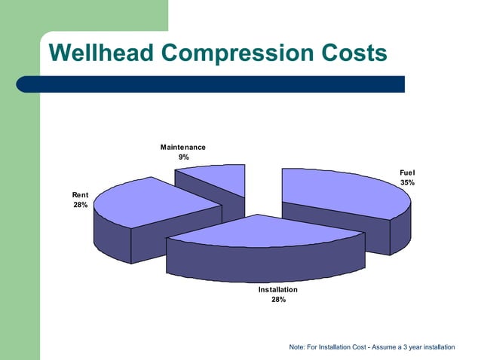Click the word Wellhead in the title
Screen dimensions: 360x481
(102, 53)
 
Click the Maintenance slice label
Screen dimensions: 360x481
(182, 147)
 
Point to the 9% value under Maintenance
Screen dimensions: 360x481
(183, 157)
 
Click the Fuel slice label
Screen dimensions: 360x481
(407, 172)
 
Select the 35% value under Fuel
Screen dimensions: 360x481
(407, 183)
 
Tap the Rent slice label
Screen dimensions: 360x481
(80, 195)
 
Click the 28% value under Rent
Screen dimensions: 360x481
(80, 206)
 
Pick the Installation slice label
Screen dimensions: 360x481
(277, 289)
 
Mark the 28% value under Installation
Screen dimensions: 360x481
(277, 300)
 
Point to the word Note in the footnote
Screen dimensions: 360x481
(297, 347)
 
